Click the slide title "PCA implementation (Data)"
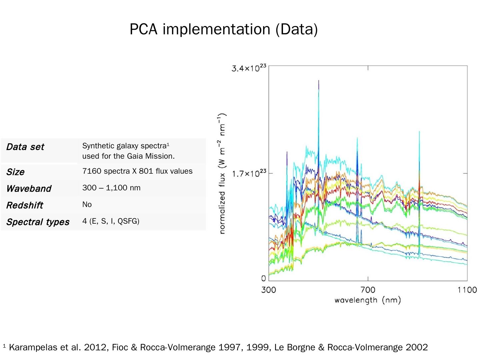[x=223, y=29]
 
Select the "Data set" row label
[x=25, y=147]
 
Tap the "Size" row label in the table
[x=15, y=172]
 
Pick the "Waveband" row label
[x=29, y=189]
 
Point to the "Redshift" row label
[x=25, y=205]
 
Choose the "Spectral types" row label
[x=38, y=222]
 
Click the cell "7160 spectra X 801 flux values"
[x=137, y=171]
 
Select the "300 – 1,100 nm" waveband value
[x=111, y=188]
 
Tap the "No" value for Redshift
[x=87, y=205]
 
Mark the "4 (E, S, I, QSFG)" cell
[x=111, y=221]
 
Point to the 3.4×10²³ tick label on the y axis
[x=249, y=68]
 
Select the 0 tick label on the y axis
[x=264, y=279]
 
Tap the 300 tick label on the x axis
[x=269, y=290]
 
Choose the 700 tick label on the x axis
[x=368, y=290]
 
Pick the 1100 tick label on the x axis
[x=467, y=290]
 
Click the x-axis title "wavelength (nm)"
[x=367, y=300]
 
